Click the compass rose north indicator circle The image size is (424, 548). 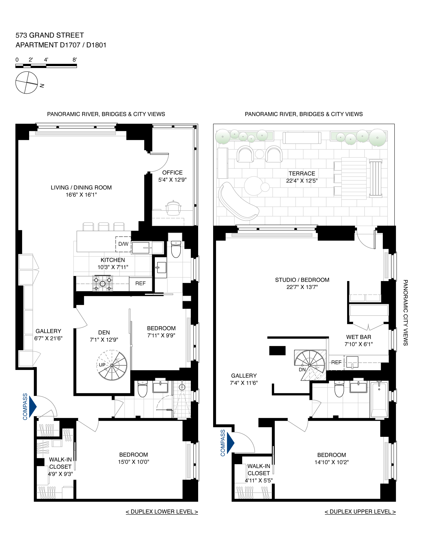pyautogui.click(x=27, y=82)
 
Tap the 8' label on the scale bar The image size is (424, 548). pyautogui.click(x=75, y=60)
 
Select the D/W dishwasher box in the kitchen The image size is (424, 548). pyautogui.click(x=123, y=244)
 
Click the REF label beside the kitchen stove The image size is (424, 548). pyautogui.click(x=140, y=283)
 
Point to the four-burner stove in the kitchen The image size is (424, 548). pyautogui.click(x=103, y=284)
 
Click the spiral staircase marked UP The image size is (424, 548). pyautogui.click(x=112, y=365)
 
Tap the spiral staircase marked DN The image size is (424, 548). pyautogui.click(x=310, y=365)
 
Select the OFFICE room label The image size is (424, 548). pyautogui.click(x=172, y=172)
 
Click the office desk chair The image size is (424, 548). pyautogui.click(x=173, y=208)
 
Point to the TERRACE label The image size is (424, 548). pyautogui.click(x=302, y=173)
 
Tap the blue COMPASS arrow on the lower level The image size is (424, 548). pyautogui.click(x=33, y=406)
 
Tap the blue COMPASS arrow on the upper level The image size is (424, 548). pyautogui.click(x=231, y=442)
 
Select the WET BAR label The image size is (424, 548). pyautogui.click(x=358, y=337)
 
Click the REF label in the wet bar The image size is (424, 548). pyautogui.click(x=336, y=362)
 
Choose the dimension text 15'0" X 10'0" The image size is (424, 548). pyautogui.click(x=133, y=462)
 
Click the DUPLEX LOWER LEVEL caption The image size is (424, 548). pyautogui.click(x=162, y=512)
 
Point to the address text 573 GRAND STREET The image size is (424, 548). pyautogui.click(x=50, y=35)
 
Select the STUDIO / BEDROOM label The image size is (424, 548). pyautogui.click(x=302, y=280)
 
